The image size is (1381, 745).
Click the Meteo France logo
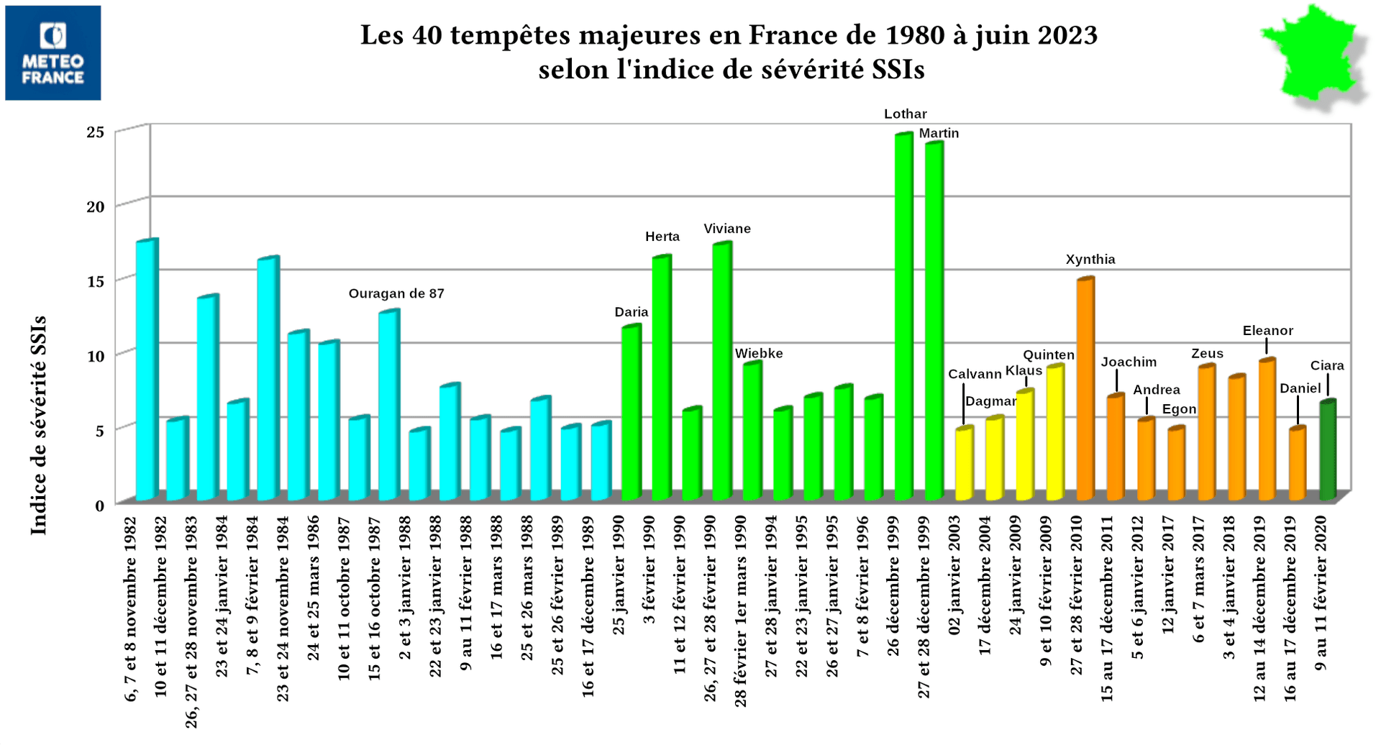(x=53, y=52)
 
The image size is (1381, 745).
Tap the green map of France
(x=1313, y=56)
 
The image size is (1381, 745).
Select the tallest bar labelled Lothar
(x=903, y=316)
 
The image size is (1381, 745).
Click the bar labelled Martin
(x=934, y=321)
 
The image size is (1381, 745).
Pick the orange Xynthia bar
(x=1085, y=388)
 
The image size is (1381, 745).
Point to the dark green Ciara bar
(x=1327, y=449)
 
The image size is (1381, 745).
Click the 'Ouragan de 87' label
(x=396, y=293)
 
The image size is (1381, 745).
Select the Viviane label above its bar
(x=726, y=229)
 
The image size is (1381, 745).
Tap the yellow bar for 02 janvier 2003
(x=964, y=464)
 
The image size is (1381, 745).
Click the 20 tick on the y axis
(x=96, y=206)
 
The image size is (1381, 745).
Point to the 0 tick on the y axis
(x=99, y=505)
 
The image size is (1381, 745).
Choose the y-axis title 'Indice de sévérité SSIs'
(x=39, y=424)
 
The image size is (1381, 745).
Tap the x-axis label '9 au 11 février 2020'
(x=1321, y=593)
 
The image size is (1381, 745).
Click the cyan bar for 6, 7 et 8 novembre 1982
(x=146, y=370)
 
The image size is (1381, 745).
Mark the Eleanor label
(x=1267, y=331)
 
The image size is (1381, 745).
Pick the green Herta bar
(x=661, y=378)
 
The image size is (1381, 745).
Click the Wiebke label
(x=758, y=354)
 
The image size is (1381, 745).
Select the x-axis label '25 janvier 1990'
(x=619, y=575)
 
